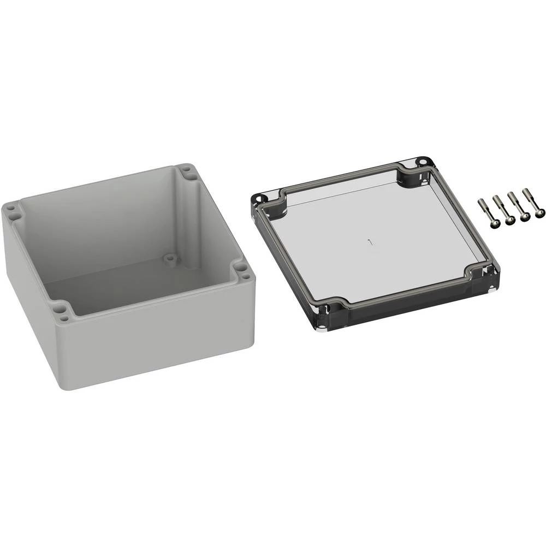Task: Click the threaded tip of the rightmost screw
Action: [525, 191]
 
